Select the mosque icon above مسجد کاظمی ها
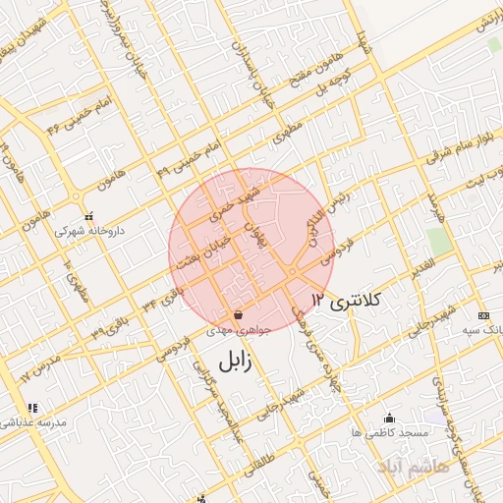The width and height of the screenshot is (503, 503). click(x=389, y=418)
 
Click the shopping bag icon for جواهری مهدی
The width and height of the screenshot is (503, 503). click(x=239, y=315)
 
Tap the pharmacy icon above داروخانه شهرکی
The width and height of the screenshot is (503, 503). click(x=88, y=217)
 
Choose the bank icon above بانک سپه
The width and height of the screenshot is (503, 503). click(x=482, y=315)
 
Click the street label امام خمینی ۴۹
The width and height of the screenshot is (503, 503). click(x=180, y=157)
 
